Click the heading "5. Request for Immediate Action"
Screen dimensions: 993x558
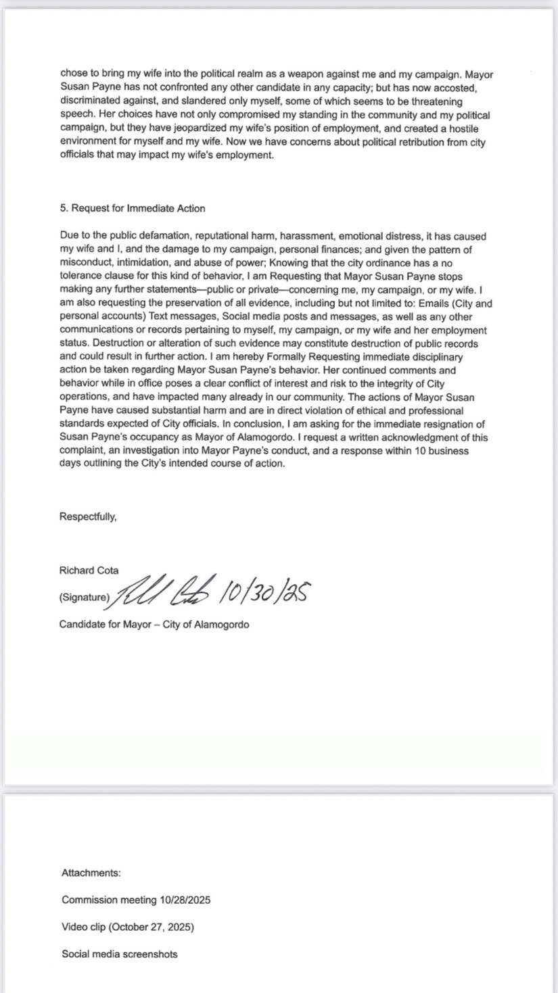point(133,208)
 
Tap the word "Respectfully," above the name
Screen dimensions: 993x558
point(88,517)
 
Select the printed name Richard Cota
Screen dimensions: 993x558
point(89,571)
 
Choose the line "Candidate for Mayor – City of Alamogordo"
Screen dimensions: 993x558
point(154,625)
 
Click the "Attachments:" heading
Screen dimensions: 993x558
point(91,873)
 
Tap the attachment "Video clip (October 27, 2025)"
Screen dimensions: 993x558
point(128,927)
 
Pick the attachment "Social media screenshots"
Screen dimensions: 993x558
point(120,954)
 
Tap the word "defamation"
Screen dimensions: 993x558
point(152,237)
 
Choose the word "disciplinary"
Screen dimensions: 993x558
point(433,357)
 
